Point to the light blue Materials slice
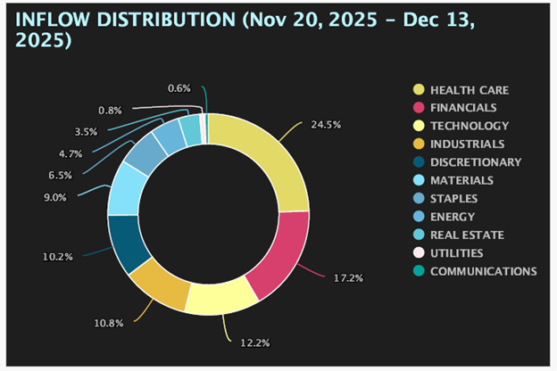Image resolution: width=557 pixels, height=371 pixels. click(124, 190)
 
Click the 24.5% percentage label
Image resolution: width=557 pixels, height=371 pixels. click(326, 125)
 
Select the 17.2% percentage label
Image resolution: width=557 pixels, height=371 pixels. click(348, 278)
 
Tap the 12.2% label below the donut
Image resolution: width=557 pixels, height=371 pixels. click(255, 343)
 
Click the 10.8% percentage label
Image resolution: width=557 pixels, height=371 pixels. click(109, 324)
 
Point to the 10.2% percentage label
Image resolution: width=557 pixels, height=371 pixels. click(58, 257)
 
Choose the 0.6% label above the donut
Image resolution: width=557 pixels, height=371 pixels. click(179, 88)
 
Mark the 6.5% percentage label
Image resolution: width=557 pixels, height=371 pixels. click(61, 176)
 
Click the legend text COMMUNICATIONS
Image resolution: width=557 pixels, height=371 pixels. click(484, 271)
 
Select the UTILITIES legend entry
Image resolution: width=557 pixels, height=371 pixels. click(448, 253)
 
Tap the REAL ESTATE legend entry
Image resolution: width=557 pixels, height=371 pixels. click(459, 235)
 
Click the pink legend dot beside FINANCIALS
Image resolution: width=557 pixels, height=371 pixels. click(419, 108)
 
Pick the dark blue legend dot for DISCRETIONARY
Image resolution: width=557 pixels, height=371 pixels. click(419, 162)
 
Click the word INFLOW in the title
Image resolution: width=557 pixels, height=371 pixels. click(52, 20)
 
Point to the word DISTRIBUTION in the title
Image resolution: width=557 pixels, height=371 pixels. click(166, 20)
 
